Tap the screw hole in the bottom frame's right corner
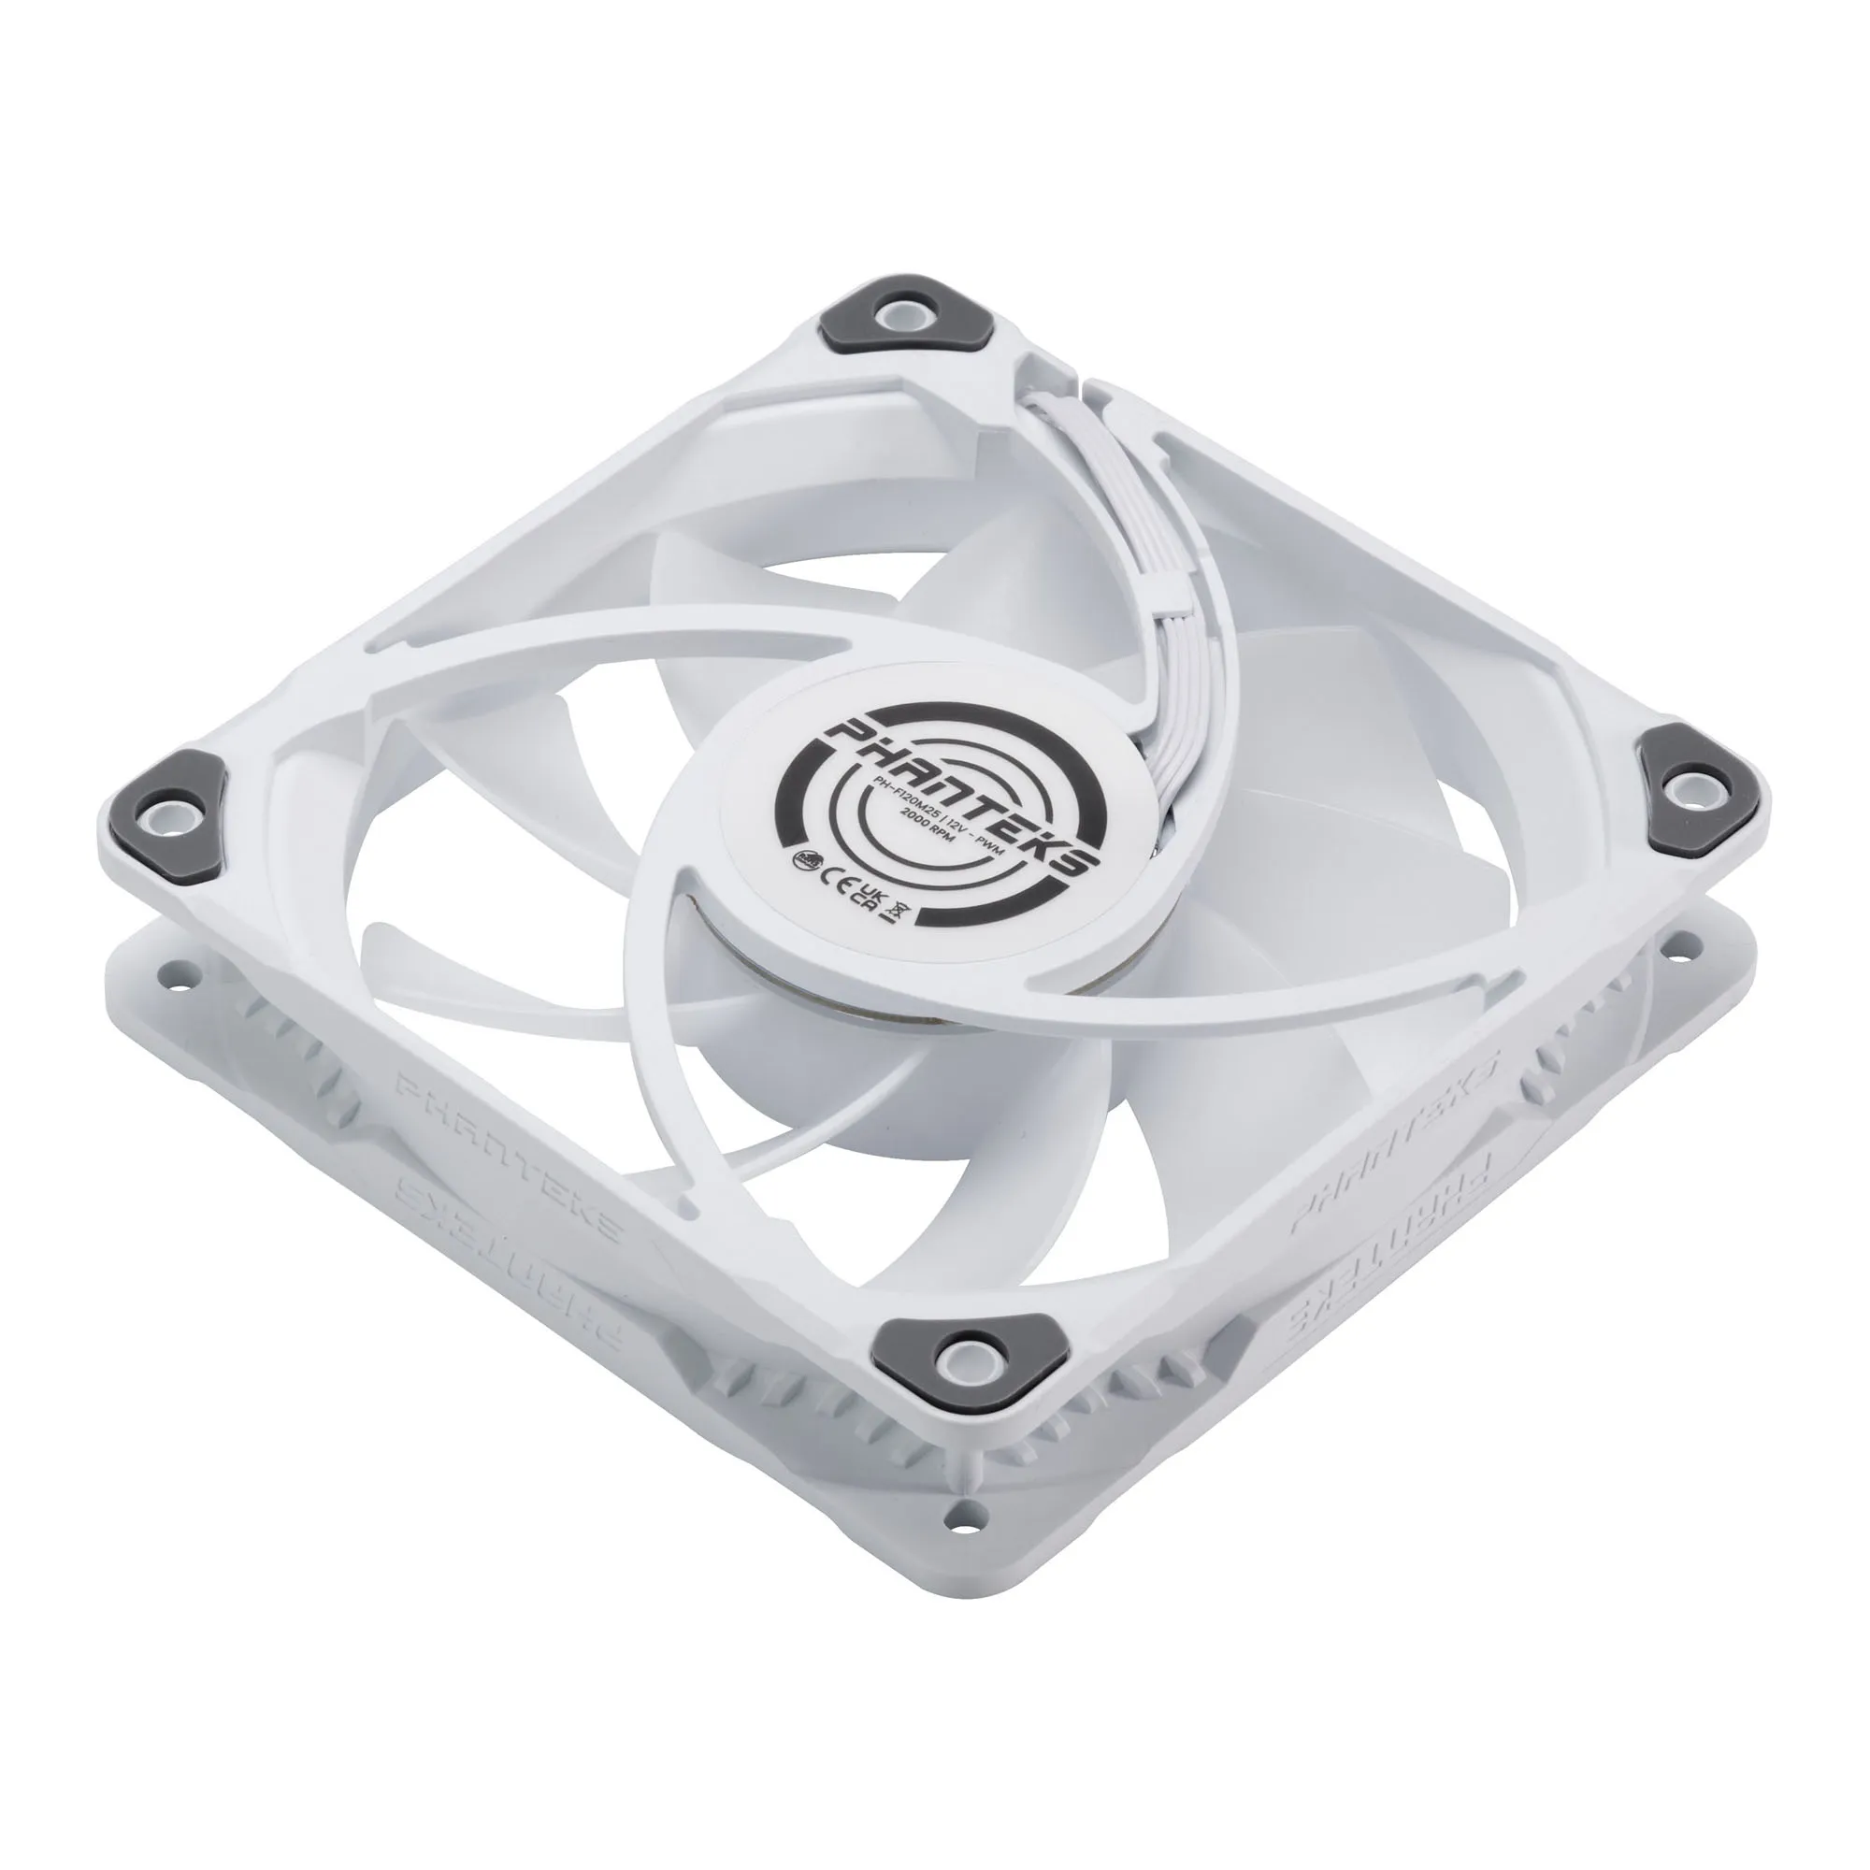coord(1694,939)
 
